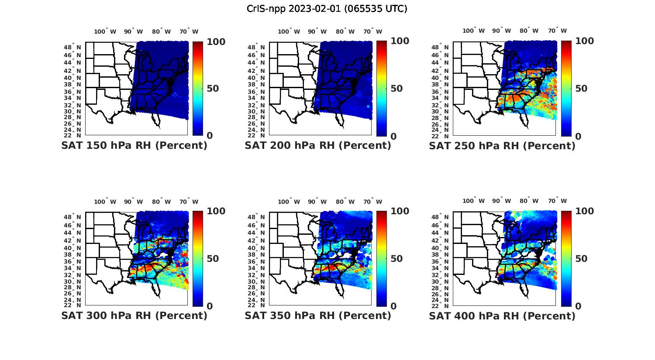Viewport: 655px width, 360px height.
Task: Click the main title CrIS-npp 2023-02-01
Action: coord(327,9)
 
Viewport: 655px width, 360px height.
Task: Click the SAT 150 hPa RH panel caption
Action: coord(134,145)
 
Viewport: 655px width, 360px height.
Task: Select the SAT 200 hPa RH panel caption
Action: coord(318,145)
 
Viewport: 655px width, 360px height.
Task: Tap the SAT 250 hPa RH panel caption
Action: coord(502,146)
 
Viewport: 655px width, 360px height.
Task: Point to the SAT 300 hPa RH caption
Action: coord(134,315)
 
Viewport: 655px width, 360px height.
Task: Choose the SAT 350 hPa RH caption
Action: coord(318,315)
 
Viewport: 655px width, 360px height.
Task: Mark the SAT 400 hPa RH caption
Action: coord(502,316)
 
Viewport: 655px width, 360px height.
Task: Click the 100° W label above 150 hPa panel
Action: coord(105,31)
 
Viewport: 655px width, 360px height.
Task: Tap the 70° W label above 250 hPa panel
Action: coord(557,31)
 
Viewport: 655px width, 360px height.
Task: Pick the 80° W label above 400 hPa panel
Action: coord(529,201)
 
